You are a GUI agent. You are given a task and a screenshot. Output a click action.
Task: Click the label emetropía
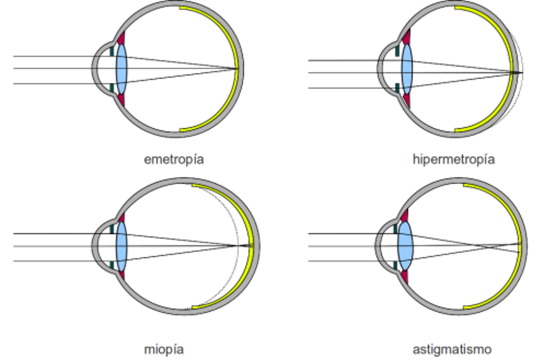[174, 159]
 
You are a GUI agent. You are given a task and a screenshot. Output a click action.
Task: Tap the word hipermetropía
[454, 159]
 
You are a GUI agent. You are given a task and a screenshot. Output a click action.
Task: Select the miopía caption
[164, 349]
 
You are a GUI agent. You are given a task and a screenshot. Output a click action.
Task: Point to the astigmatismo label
[452, 349]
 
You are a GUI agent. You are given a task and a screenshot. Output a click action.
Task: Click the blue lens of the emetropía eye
[121, 69]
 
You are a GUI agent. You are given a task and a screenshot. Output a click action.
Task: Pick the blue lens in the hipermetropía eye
[407, 69]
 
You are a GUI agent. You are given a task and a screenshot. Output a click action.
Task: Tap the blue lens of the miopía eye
[121, 246]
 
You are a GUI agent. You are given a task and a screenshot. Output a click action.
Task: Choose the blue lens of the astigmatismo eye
[405, 246]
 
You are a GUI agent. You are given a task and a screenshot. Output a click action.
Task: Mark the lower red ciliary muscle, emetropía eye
[121, 99]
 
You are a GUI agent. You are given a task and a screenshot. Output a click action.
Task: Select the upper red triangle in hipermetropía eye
[407, 37]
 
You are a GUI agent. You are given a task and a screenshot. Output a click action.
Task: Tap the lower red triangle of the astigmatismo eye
[405, 277]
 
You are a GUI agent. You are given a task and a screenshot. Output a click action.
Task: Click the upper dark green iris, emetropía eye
[112, 51]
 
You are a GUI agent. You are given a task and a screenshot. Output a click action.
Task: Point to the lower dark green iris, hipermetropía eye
[397, 88]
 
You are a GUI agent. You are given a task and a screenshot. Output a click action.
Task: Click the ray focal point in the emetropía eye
[237, 69]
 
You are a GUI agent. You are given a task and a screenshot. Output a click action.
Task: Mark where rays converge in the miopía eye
[237, 246]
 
